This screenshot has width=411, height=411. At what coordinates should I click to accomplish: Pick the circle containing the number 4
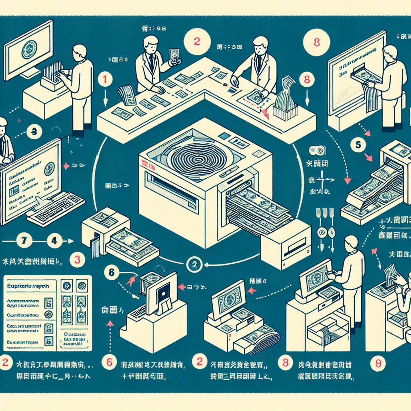click(54, 242)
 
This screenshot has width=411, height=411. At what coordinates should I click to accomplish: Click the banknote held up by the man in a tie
click(174, 56)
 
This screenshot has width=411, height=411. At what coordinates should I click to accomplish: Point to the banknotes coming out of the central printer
click(257, 211)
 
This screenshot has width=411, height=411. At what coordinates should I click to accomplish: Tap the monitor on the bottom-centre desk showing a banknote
click(228, 299)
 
